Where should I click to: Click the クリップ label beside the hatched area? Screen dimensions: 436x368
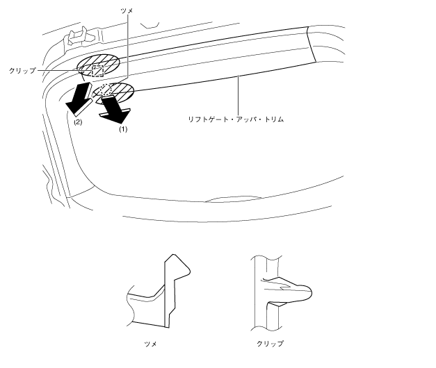pyautogui.click(x=23, y=71)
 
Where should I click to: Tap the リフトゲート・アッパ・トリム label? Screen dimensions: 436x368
pyautogui.click(x=237, y=119)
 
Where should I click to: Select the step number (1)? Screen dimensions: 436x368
pyautogui.click(x=123, y=128)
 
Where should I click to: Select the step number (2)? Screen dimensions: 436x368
pyautogui.click(x=78, y=122)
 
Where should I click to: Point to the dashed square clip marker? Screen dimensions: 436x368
pyautogui.click(x=98, y=70)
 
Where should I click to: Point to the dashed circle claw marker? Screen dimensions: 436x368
pyautogui.click(x=106, y=89)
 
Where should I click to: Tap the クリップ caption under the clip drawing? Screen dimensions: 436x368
pyautogui.click(x=271, y=343)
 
